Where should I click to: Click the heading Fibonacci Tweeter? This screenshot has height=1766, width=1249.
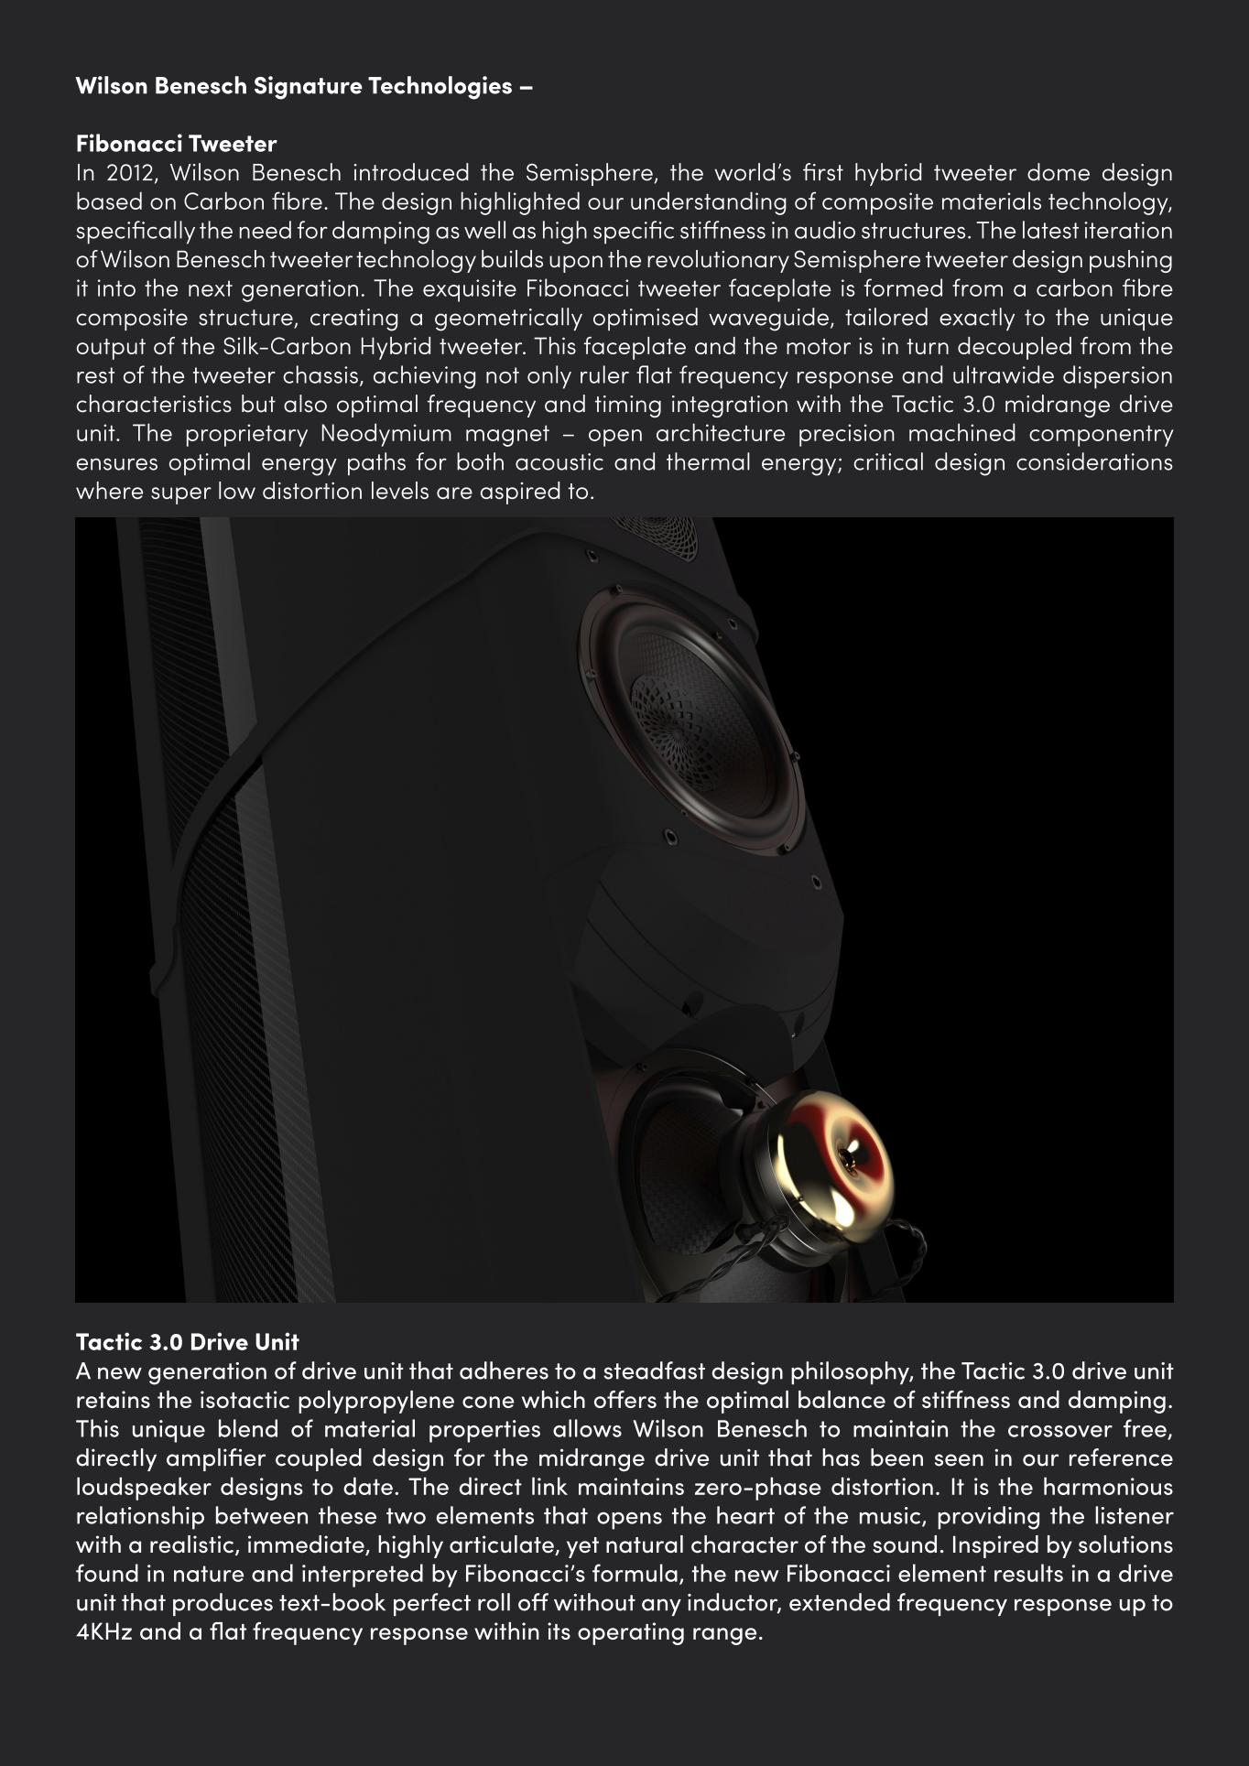(176, 144)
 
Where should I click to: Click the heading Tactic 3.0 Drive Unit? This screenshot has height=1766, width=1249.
(187, 1342)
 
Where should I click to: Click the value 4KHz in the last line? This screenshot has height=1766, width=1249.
(103, 1633)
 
